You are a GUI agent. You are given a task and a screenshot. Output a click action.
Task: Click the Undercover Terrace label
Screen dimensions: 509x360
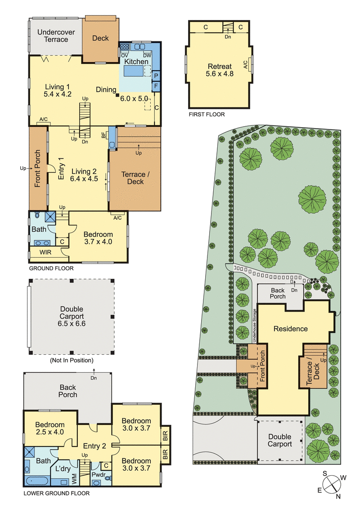(53, 36)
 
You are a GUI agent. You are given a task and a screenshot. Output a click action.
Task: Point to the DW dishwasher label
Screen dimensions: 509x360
(147, 55)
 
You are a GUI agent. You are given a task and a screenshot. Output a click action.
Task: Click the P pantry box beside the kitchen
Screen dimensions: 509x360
(156, 76)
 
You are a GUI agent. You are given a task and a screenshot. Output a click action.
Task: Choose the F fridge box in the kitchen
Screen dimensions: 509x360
(156, 85)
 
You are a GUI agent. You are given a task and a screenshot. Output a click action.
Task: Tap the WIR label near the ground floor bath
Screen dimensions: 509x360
(45, 253)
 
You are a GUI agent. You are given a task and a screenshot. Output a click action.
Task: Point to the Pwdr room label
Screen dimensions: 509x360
(98, 474)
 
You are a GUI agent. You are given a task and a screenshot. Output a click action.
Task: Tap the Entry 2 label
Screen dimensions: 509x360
(94, 446)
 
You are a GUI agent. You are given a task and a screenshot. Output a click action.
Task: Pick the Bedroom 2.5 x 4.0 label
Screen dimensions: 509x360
(50, 428)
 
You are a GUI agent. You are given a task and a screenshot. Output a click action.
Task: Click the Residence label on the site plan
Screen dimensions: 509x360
(291, 329)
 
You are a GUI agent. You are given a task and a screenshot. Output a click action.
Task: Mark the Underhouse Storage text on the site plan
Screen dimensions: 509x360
(254, 326)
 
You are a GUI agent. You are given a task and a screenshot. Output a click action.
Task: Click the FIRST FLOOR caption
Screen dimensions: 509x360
(207, 115)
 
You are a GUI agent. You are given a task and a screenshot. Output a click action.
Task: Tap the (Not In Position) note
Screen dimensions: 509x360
(72, 360)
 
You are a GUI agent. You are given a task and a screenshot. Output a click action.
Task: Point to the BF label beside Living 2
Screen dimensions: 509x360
(110, 135)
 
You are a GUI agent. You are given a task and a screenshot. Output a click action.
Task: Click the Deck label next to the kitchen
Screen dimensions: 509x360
(100, 38)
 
